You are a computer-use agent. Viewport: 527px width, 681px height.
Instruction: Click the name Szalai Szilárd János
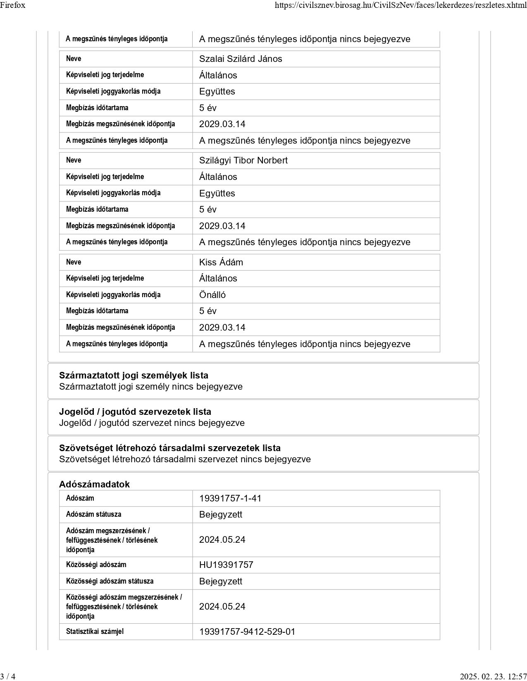coord(241,59)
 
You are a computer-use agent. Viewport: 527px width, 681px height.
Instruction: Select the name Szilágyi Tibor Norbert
coord(243,161)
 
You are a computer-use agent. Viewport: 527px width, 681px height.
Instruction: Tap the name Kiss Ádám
coord(221,262)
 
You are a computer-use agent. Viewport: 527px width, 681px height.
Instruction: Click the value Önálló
coord(212,295)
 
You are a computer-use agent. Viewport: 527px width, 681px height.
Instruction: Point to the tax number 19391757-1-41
coord(230,499)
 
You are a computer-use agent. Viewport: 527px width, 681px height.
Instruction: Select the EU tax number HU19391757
coord(226,565)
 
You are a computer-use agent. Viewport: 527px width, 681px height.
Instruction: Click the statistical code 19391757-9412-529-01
coord(247,632)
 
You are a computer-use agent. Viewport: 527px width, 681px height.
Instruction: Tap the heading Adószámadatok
coord(94,485)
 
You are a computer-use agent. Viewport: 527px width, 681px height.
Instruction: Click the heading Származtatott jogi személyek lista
coord(134,376)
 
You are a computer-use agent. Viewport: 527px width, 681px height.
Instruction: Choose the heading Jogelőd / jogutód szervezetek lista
coord(135,412)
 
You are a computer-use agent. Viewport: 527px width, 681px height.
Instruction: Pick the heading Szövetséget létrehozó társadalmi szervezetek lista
coord(170,448)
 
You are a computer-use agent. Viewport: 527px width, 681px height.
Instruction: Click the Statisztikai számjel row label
coord(95,631)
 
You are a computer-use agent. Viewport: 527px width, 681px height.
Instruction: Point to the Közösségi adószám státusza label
coord(110,581)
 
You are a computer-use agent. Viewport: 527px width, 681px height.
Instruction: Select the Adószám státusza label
coord(93,514)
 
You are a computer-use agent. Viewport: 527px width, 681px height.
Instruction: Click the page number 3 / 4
coord(8,676)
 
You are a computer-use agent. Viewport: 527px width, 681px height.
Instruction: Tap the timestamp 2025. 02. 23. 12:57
coord(493,676)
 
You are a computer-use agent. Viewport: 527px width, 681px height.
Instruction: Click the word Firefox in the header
coord(13,5)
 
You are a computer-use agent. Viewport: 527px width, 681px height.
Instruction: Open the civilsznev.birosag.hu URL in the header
coord(401,5)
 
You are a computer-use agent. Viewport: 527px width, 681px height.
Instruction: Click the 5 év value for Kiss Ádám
coord(207,311)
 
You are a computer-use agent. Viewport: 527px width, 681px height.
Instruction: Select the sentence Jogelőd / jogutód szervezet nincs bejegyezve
coord(152,423)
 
